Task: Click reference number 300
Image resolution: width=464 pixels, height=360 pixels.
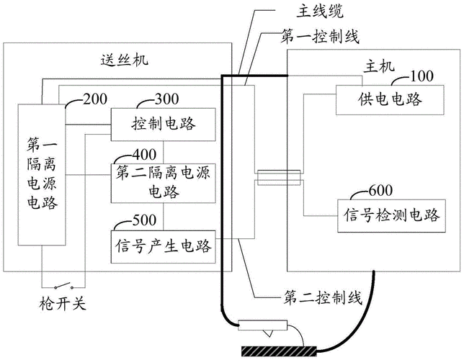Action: coord(168,99)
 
